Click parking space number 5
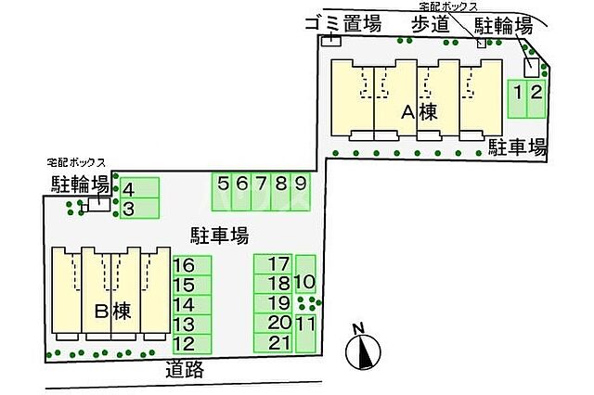(x=223, y=191)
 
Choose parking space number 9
(x=300, y=191)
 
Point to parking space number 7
(x=262, y=191)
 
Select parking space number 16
(x=190, y=264)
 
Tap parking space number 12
(x=190, y=342)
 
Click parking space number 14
(x=190, y=304)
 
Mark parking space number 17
(x=274, y=264)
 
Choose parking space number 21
(x=274, y=342)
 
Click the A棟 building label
(x=419, y=113)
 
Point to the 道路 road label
(x=185, y=370)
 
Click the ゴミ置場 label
(x=342, y=25)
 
